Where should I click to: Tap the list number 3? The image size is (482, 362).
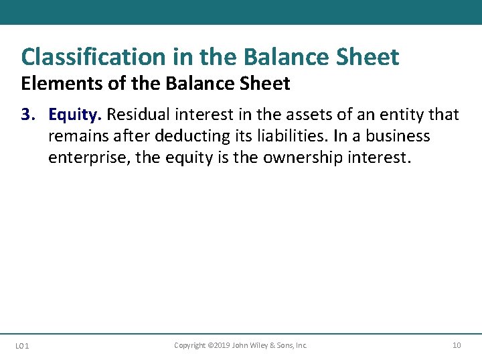pos(27,115)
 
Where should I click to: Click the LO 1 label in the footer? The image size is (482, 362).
pos(21,346)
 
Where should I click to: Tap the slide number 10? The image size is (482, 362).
pos(457,345)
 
